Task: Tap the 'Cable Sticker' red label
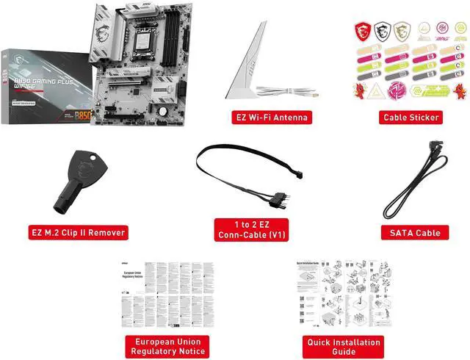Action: pyautogui.click(x=411, y=117)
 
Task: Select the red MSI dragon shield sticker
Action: pyautogui.click(x=362, y=31)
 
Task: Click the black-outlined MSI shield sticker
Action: pyautogui.click(x=380, y=31)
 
